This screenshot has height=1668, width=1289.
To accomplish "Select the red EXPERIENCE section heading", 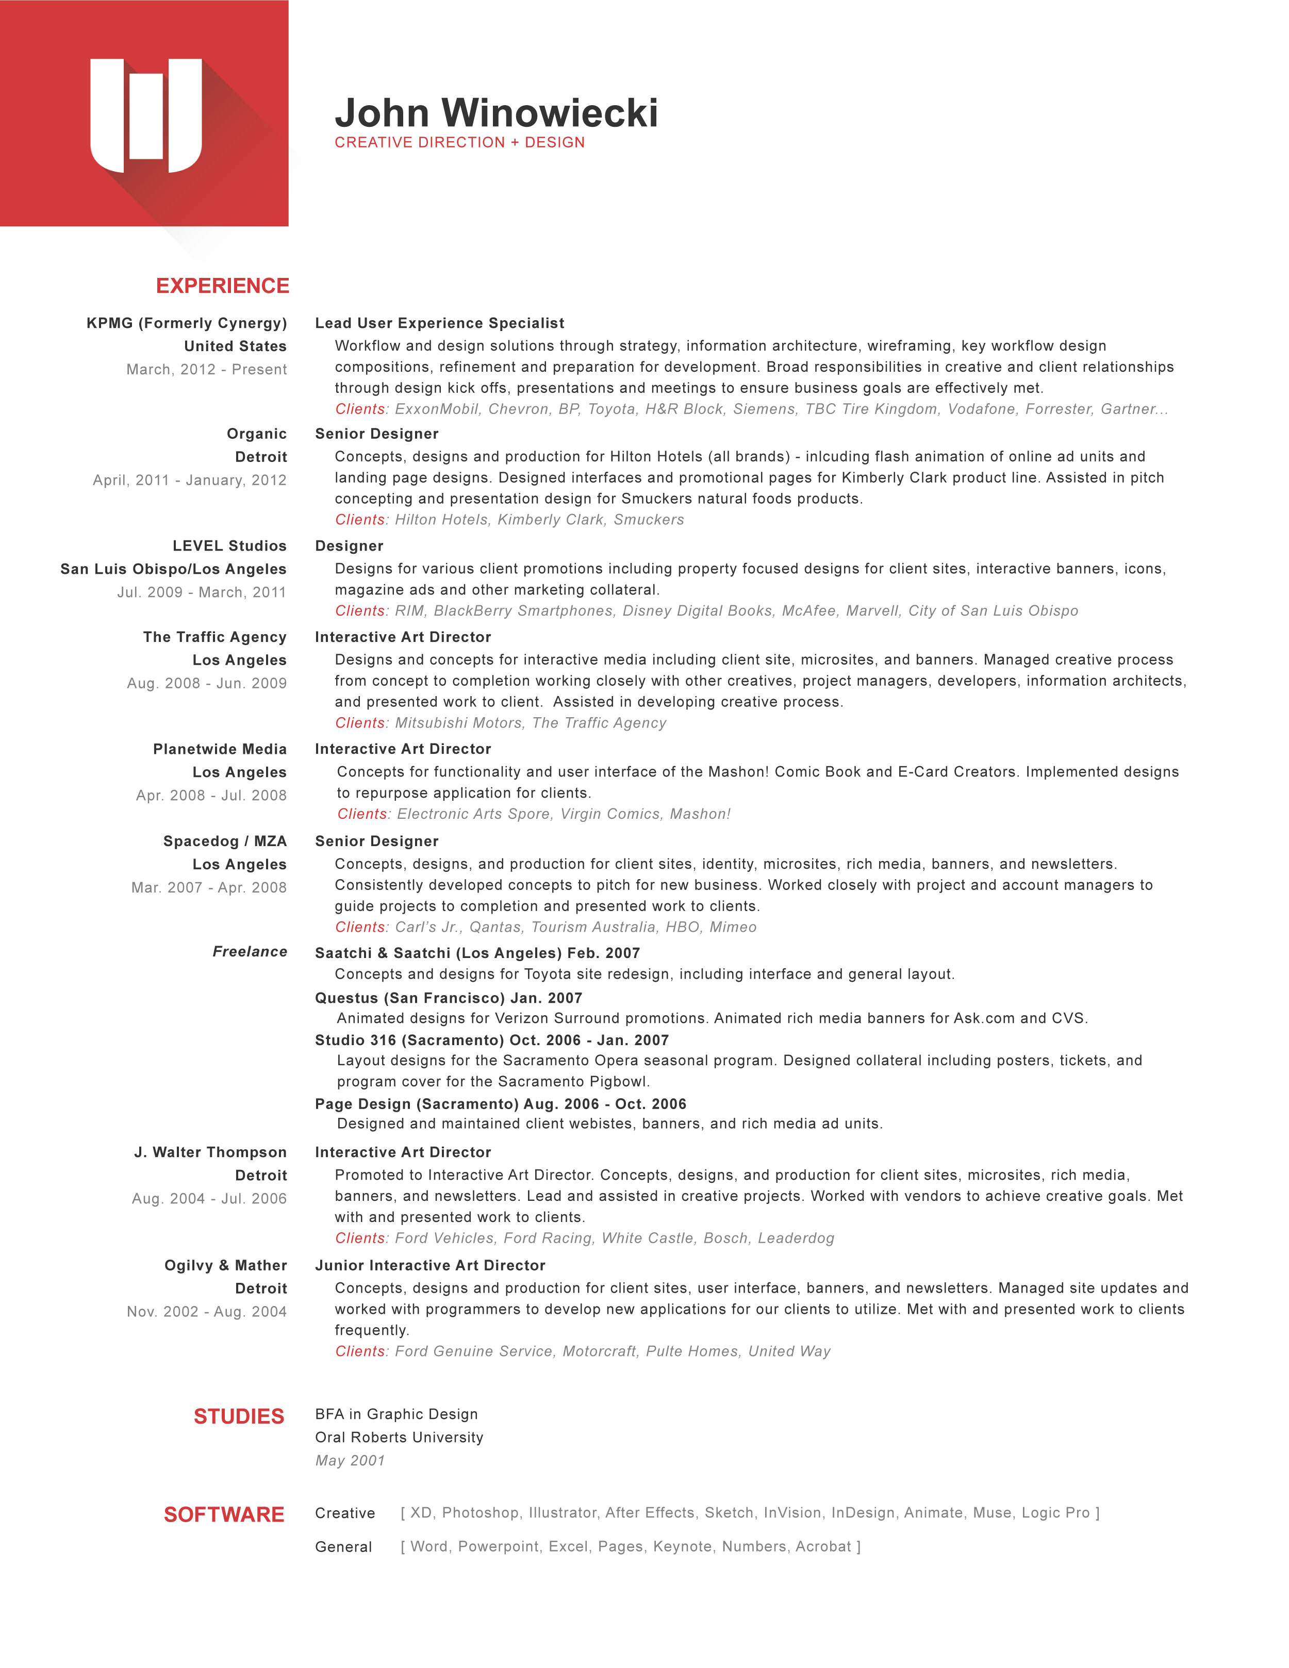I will [x=222, y=286].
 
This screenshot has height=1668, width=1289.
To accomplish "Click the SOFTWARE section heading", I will [x=224, y=1514].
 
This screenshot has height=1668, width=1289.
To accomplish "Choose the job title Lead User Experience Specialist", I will [x=439, y=323].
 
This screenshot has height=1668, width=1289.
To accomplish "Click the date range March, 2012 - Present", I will [x=206, y=370].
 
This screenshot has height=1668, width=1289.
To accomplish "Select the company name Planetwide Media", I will [x=220, y=749].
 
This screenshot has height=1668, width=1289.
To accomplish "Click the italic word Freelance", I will [x=250, y=952].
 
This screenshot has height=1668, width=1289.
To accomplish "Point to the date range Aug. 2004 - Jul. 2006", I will [x=209, y=1199].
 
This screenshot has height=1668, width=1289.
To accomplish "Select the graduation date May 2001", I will [x=350, y=1461].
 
